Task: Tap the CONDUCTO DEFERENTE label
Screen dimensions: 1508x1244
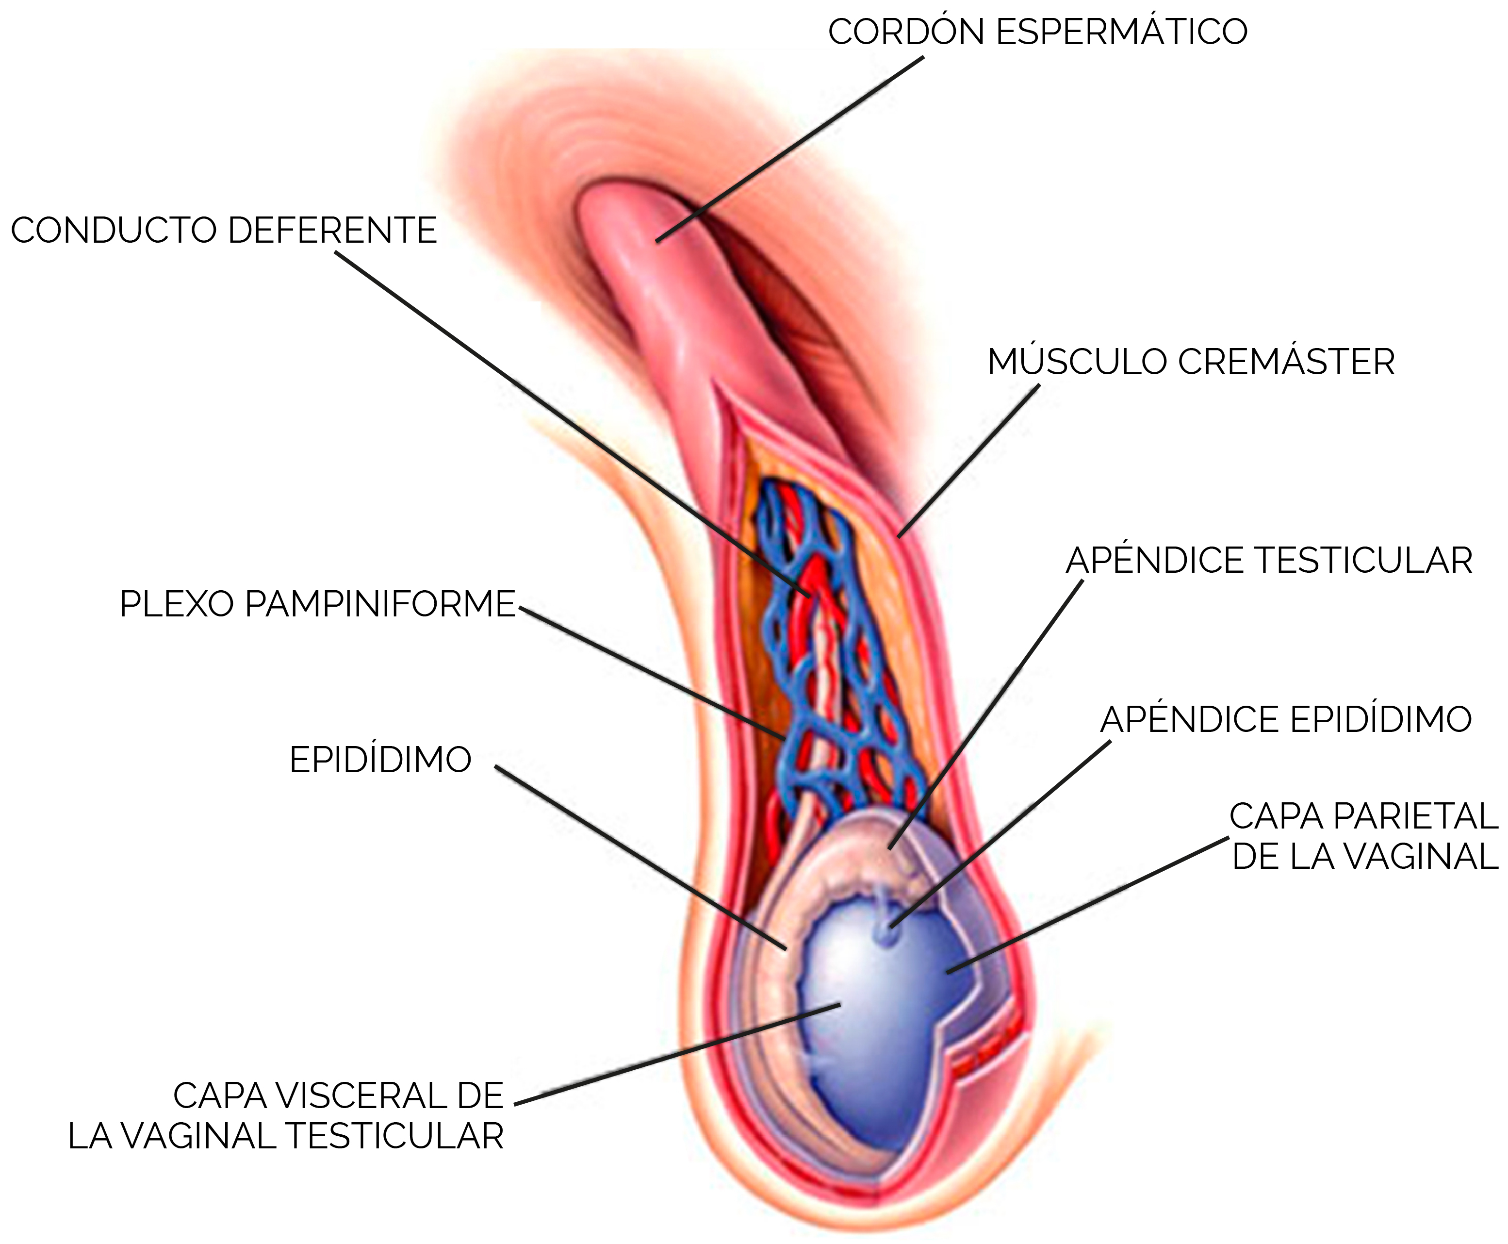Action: click(x=224, y=231)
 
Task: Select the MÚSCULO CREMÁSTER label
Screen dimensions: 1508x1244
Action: click(x=1191, y=362)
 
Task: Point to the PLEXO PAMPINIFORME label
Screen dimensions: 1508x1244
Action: click(x=317, y=604)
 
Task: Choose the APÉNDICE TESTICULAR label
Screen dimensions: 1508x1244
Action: click(x=1269, y=561)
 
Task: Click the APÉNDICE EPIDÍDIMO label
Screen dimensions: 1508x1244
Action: click(x=1286, y=719)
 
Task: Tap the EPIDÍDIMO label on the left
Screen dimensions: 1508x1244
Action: click(x=380, y=760)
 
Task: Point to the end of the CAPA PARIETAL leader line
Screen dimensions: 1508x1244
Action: click(x=947, y=972)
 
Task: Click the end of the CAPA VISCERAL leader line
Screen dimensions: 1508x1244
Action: click(x=839, y=1005)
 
